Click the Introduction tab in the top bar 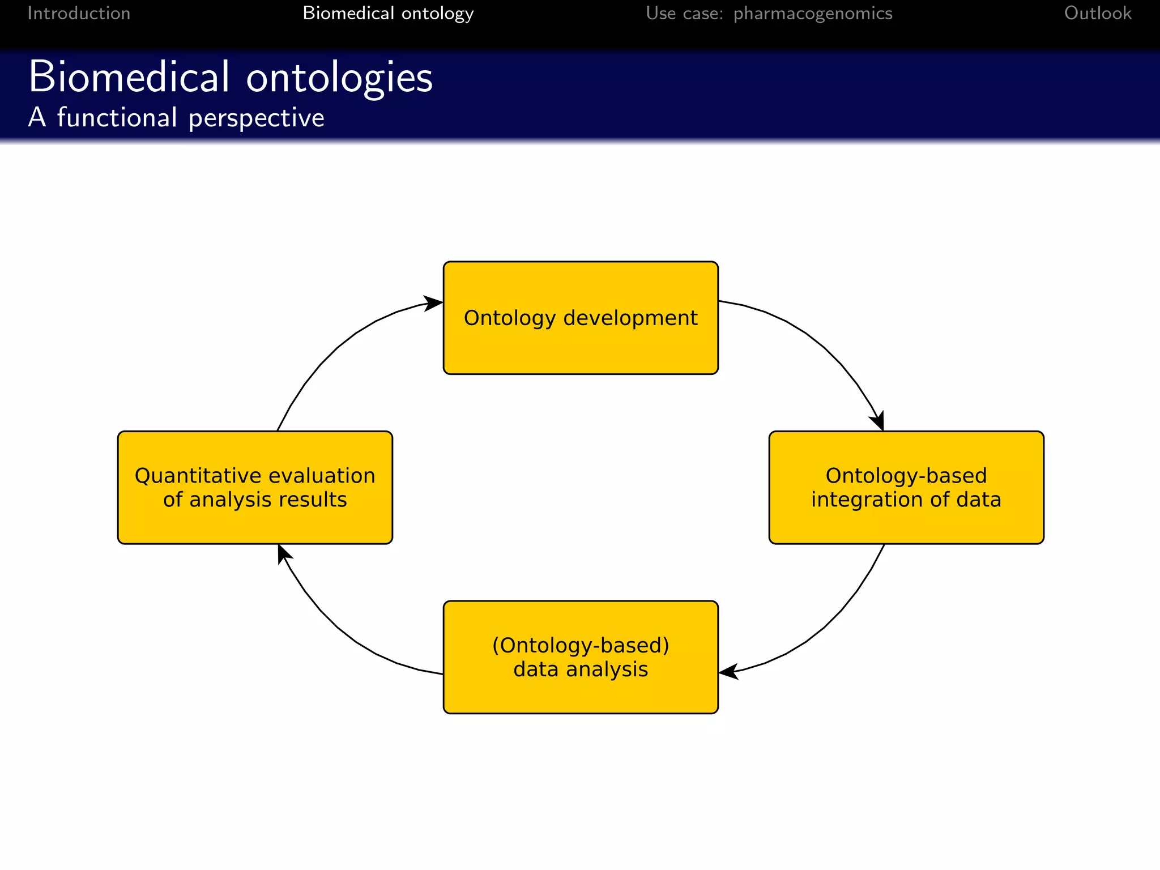[x=79, y=13]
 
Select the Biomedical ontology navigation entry [x=388, y=13]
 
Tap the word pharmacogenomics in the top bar [x=813, y=13]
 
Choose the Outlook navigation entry [x=1097, y=13]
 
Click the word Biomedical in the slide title [x=129, y=77]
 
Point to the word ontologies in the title [x=339, y=78]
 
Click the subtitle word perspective [x=256, y=118]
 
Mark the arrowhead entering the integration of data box [x=878, y=423]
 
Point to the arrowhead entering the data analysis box [x=727, y=672]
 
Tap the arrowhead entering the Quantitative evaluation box [x=283, y=552]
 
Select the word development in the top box [x=630, y=318]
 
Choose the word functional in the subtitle [x=117, y=118]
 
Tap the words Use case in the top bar [x=684, y=13]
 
